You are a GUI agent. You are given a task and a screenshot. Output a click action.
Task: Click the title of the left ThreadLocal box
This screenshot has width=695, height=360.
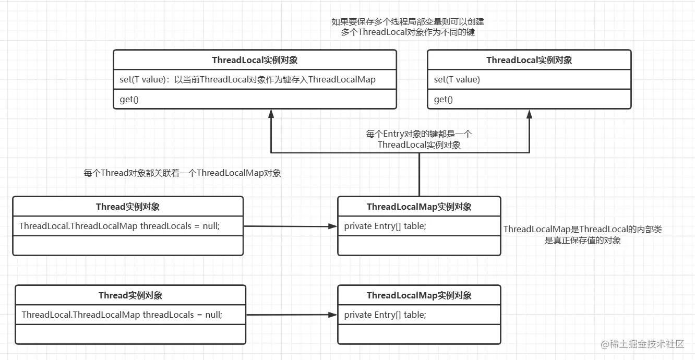pos(255,60)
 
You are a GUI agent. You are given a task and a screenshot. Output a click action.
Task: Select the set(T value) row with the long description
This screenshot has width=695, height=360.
pos(247,80)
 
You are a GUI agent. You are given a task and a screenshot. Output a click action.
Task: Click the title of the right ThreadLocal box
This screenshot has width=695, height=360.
pos(529,60)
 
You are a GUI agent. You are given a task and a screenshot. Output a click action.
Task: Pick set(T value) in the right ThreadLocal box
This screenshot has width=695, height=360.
pos(457,80)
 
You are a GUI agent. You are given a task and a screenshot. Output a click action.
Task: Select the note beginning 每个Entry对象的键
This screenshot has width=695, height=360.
pos(419,139)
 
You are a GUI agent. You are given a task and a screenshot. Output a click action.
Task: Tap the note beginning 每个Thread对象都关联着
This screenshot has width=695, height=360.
pos(182,173)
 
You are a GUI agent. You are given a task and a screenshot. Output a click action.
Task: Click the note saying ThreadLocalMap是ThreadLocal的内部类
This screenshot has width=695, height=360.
pos(582,235)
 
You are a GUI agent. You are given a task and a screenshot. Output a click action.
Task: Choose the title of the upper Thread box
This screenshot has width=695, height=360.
pos(128,207)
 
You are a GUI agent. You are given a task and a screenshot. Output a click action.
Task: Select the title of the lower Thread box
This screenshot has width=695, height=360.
pos(130,295)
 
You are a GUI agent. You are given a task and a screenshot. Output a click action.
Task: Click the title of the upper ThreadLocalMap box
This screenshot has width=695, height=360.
pos(419,207)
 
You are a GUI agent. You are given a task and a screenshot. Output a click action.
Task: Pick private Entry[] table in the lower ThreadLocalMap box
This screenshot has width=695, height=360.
pos(385,315)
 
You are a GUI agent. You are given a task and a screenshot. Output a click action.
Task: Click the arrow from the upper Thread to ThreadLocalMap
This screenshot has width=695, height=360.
pos(290,226)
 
